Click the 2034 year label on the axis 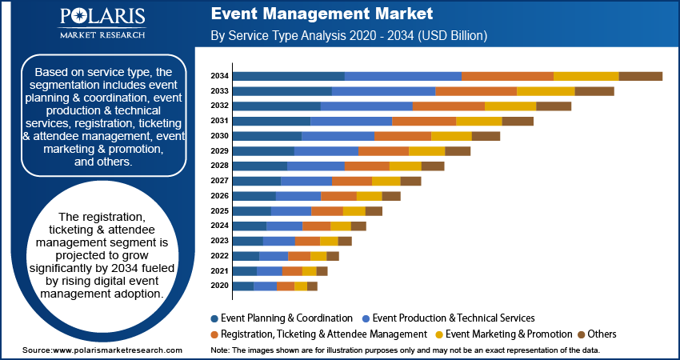tap(220, 76)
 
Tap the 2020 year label tap(220, 286)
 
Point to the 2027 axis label tap(220, 181)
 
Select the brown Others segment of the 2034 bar tap(640, 76)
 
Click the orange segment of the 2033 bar tap(476, 91)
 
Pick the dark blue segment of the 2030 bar tap(266, 136)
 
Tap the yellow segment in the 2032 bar tap(510, 106)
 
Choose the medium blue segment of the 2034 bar tap(403, 76)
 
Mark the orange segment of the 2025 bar tap(327, 210)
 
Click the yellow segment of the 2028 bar tap(406, 166)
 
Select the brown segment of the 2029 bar tap(458, 151)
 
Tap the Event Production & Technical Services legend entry tap(453, 318)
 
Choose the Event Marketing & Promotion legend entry tap(508, 334)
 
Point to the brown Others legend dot tap(582, 334)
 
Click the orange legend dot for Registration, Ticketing tap(214, 334)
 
